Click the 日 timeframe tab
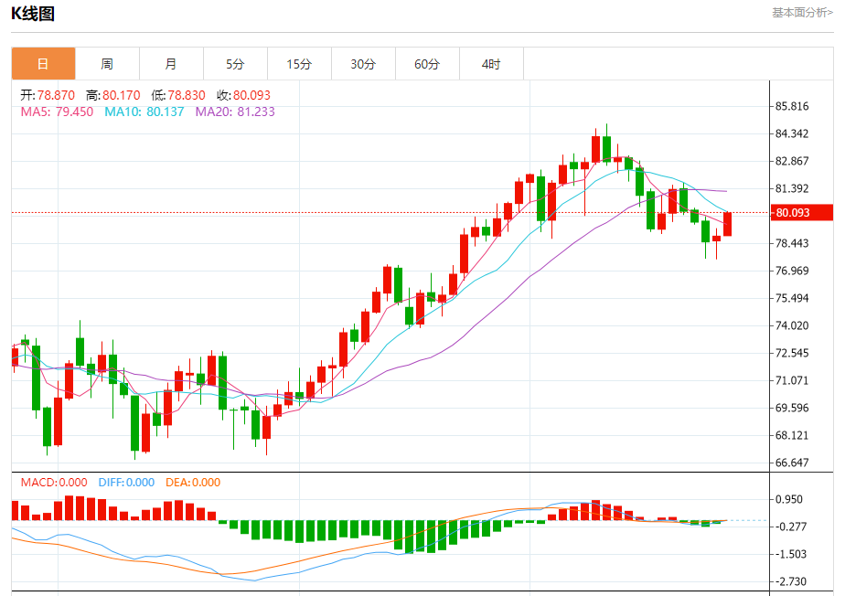click(43, 64)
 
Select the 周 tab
click(107, 64)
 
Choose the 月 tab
click(171, 64)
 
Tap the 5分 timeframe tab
click(235, 64)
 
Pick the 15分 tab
click(299, 64)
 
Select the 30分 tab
click(363, 64)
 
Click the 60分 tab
click(427, 64)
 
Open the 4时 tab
click(491, 64)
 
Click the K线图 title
click(33, 14)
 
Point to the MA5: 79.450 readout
click(57, 112)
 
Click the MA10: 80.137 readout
click(144, 112)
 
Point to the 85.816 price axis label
click(791, 106)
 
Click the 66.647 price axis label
click(791, 463)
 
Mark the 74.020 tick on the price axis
click(791, 325)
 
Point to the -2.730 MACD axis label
click(789, 581)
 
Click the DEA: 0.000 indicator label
click(192, 483)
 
